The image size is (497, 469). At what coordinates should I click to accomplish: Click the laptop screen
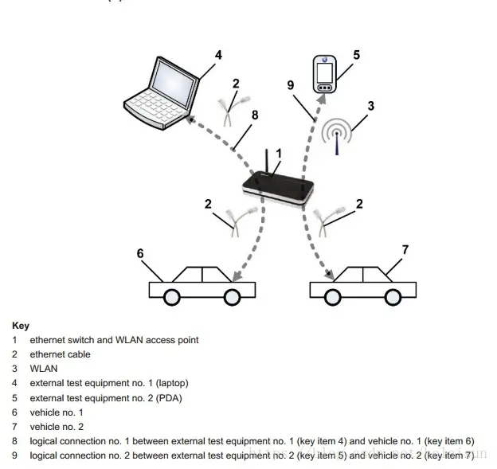click(x=174, y=82)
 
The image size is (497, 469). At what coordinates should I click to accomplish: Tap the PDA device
click(x=325, y=73)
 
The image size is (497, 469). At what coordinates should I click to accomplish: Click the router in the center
click(x=279, y=191)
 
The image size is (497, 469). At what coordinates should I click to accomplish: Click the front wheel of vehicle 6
click(x=232, y=297)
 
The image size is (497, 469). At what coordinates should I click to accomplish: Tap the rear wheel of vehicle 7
click(x=393, y=297)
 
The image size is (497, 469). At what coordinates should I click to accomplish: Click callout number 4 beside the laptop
click(x=218, y=56)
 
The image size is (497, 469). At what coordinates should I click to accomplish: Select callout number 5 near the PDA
click(x=356, y=55)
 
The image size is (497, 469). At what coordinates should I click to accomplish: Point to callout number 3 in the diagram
click(x=371, y=105)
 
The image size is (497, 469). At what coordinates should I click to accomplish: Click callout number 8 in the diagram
click(x=255, y=115)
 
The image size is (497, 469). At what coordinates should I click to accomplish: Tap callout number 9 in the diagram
click(x=291, y=85)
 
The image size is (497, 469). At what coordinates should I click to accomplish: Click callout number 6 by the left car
click(x=140, y=253)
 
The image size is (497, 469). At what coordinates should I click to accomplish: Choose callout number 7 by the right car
click(x=405, y=250)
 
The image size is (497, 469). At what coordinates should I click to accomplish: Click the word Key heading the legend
click(x=21, y=326)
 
